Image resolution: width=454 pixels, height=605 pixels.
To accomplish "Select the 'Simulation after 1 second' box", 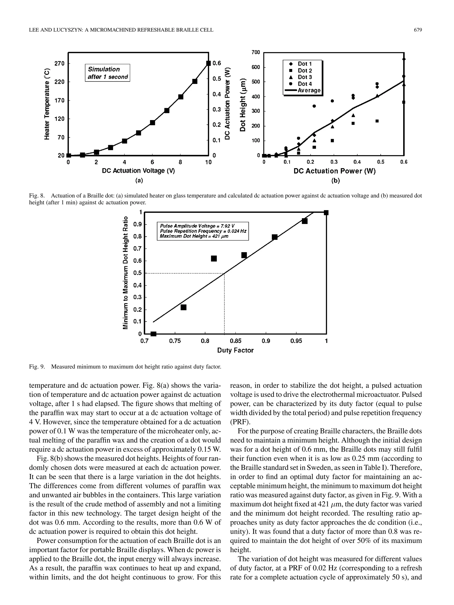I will pos(108,73).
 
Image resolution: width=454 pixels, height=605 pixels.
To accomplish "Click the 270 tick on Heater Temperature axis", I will pos(59,63).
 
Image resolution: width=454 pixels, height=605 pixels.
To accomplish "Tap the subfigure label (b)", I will pos(335,181).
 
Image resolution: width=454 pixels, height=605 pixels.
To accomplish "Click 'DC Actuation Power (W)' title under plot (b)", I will pos(335,171).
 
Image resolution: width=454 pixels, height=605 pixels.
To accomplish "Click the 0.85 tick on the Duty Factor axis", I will pos(235,341).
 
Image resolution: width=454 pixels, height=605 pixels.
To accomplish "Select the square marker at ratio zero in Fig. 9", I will pos(154,334).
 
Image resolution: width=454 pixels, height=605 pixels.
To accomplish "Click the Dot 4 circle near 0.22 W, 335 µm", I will pos(314,106).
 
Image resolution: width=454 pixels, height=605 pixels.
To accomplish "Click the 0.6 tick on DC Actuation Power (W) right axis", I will pos(217,63).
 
